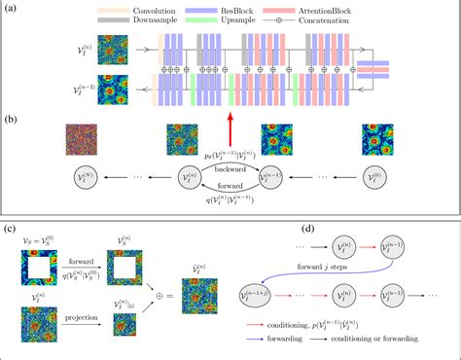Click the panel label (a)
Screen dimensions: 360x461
coord(11,8)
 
